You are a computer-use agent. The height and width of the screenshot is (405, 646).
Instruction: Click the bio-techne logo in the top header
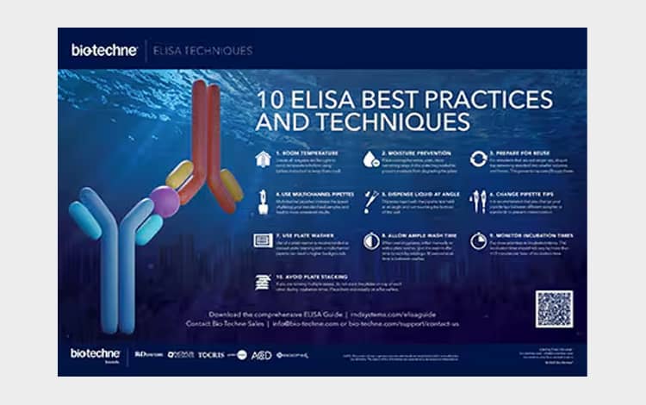pyautogui.click(x=104, y=50)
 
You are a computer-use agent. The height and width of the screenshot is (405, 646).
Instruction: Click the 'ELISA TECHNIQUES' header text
pyautogui.click(x=202, y=50)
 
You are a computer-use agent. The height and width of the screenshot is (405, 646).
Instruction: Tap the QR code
pyautogui.click(x=553, y=308)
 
